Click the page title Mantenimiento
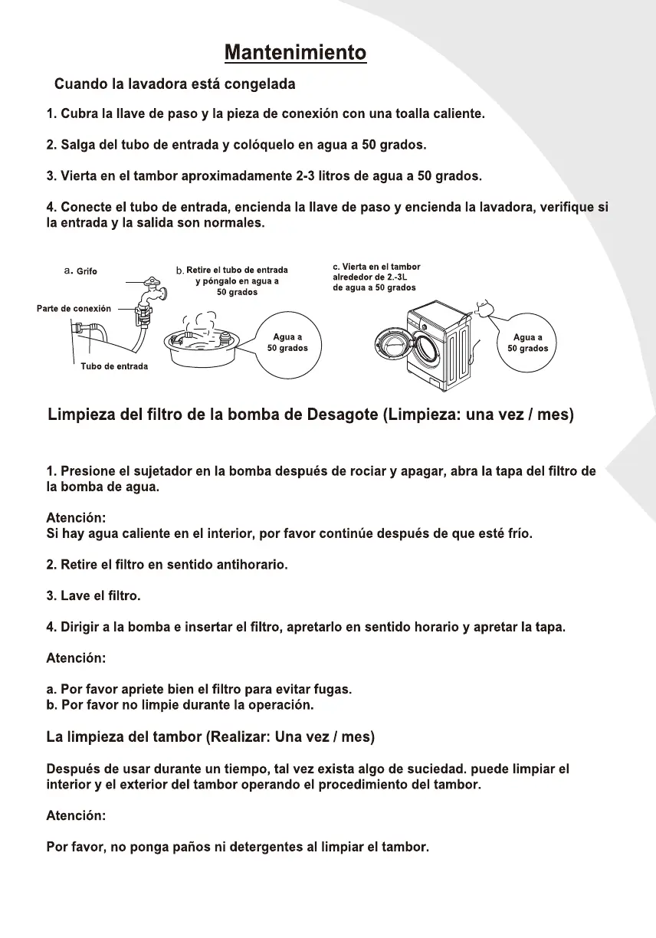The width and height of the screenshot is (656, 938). tap(295, 53)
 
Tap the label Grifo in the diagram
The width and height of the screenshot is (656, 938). tap(87, 271)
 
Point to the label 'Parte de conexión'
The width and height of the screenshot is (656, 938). tap(74, 309)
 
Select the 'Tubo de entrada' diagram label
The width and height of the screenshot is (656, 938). tap(114, 366)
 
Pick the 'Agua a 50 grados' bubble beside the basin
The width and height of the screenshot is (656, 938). tap(287, 343)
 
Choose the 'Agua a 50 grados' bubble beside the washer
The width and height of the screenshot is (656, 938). tap(528, 343)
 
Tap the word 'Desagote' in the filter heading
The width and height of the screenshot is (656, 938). tap(340, 415)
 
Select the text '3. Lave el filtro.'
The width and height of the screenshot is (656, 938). tap(93, 595)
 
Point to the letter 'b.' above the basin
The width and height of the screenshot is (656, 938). tap(180, 271)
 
